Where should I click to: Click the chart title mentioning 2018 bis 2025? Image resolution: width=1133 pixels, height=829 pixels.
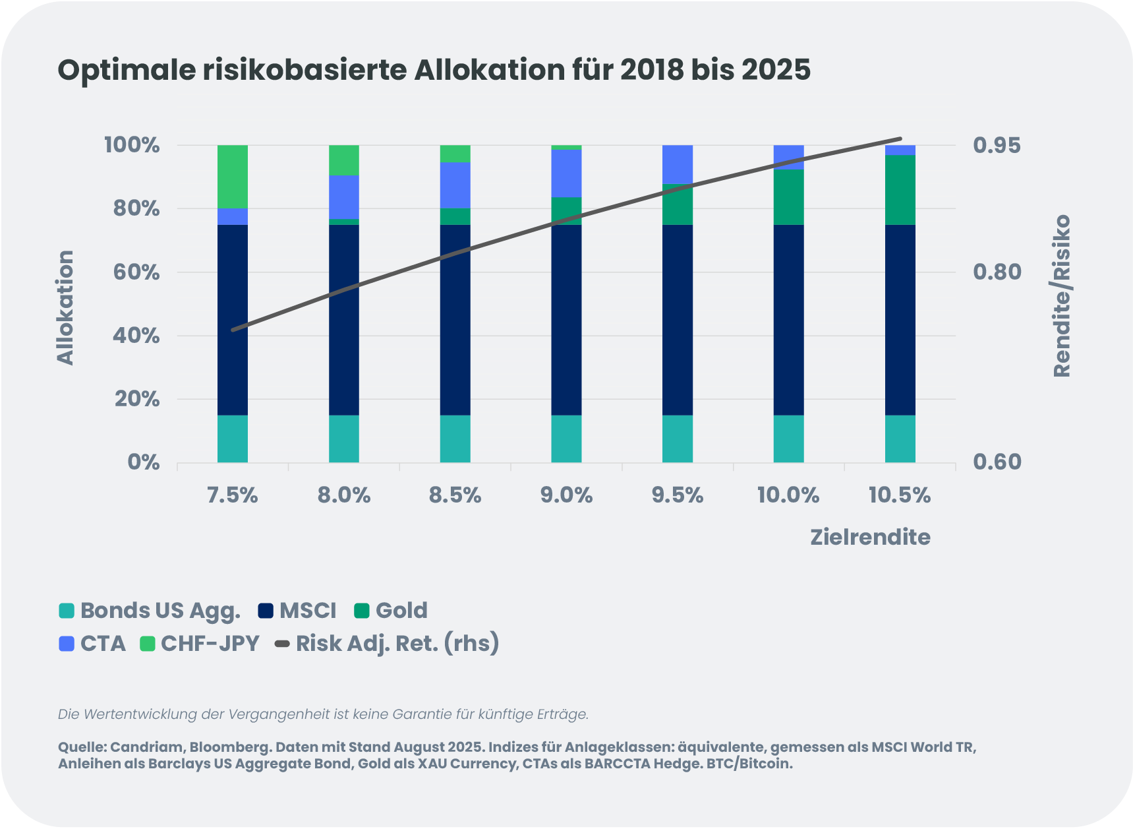434,71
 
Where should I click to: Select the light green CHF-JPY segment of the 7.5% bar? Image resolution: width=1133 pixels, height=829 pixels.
233,176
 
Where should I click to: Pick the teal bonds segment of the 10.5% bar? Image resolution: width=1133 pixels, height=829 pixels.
900,439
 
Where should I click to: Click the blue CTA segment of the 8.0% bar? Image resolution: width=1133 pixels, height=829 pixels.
344,197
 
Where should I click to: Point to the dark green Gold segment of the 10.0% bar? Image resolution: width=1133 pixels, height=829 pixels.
788,197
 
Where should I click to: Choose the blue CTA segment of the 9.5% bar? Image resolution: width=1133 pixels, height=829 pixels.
678,164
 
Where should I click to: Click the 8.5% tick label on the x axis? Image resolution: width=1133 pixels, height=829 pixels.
455,495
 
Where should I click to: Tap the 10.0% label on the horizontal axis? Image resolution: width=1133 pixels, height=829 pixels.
788,495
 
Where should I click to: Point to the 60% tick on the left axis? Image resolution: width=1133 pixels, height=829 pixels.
137,272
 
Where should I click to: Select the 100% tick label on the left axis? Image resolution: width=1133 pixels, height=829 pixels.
132,145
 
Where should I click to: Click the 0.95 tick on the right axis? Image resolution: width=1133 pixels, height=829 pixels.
997,145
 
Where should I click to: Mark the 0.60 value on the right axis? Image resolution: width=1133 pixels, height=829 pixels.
997,462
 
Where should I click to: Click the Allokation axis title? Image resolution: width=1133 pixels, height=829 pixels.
65,307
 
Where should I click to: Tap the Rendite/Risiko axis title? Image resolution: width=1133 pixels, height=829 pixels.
1062,296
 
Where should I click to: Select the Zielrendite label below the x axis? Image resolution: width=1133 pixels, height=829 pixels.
870,537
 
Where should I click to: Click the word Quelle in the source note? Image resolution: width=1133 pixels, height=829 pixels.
82,747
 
